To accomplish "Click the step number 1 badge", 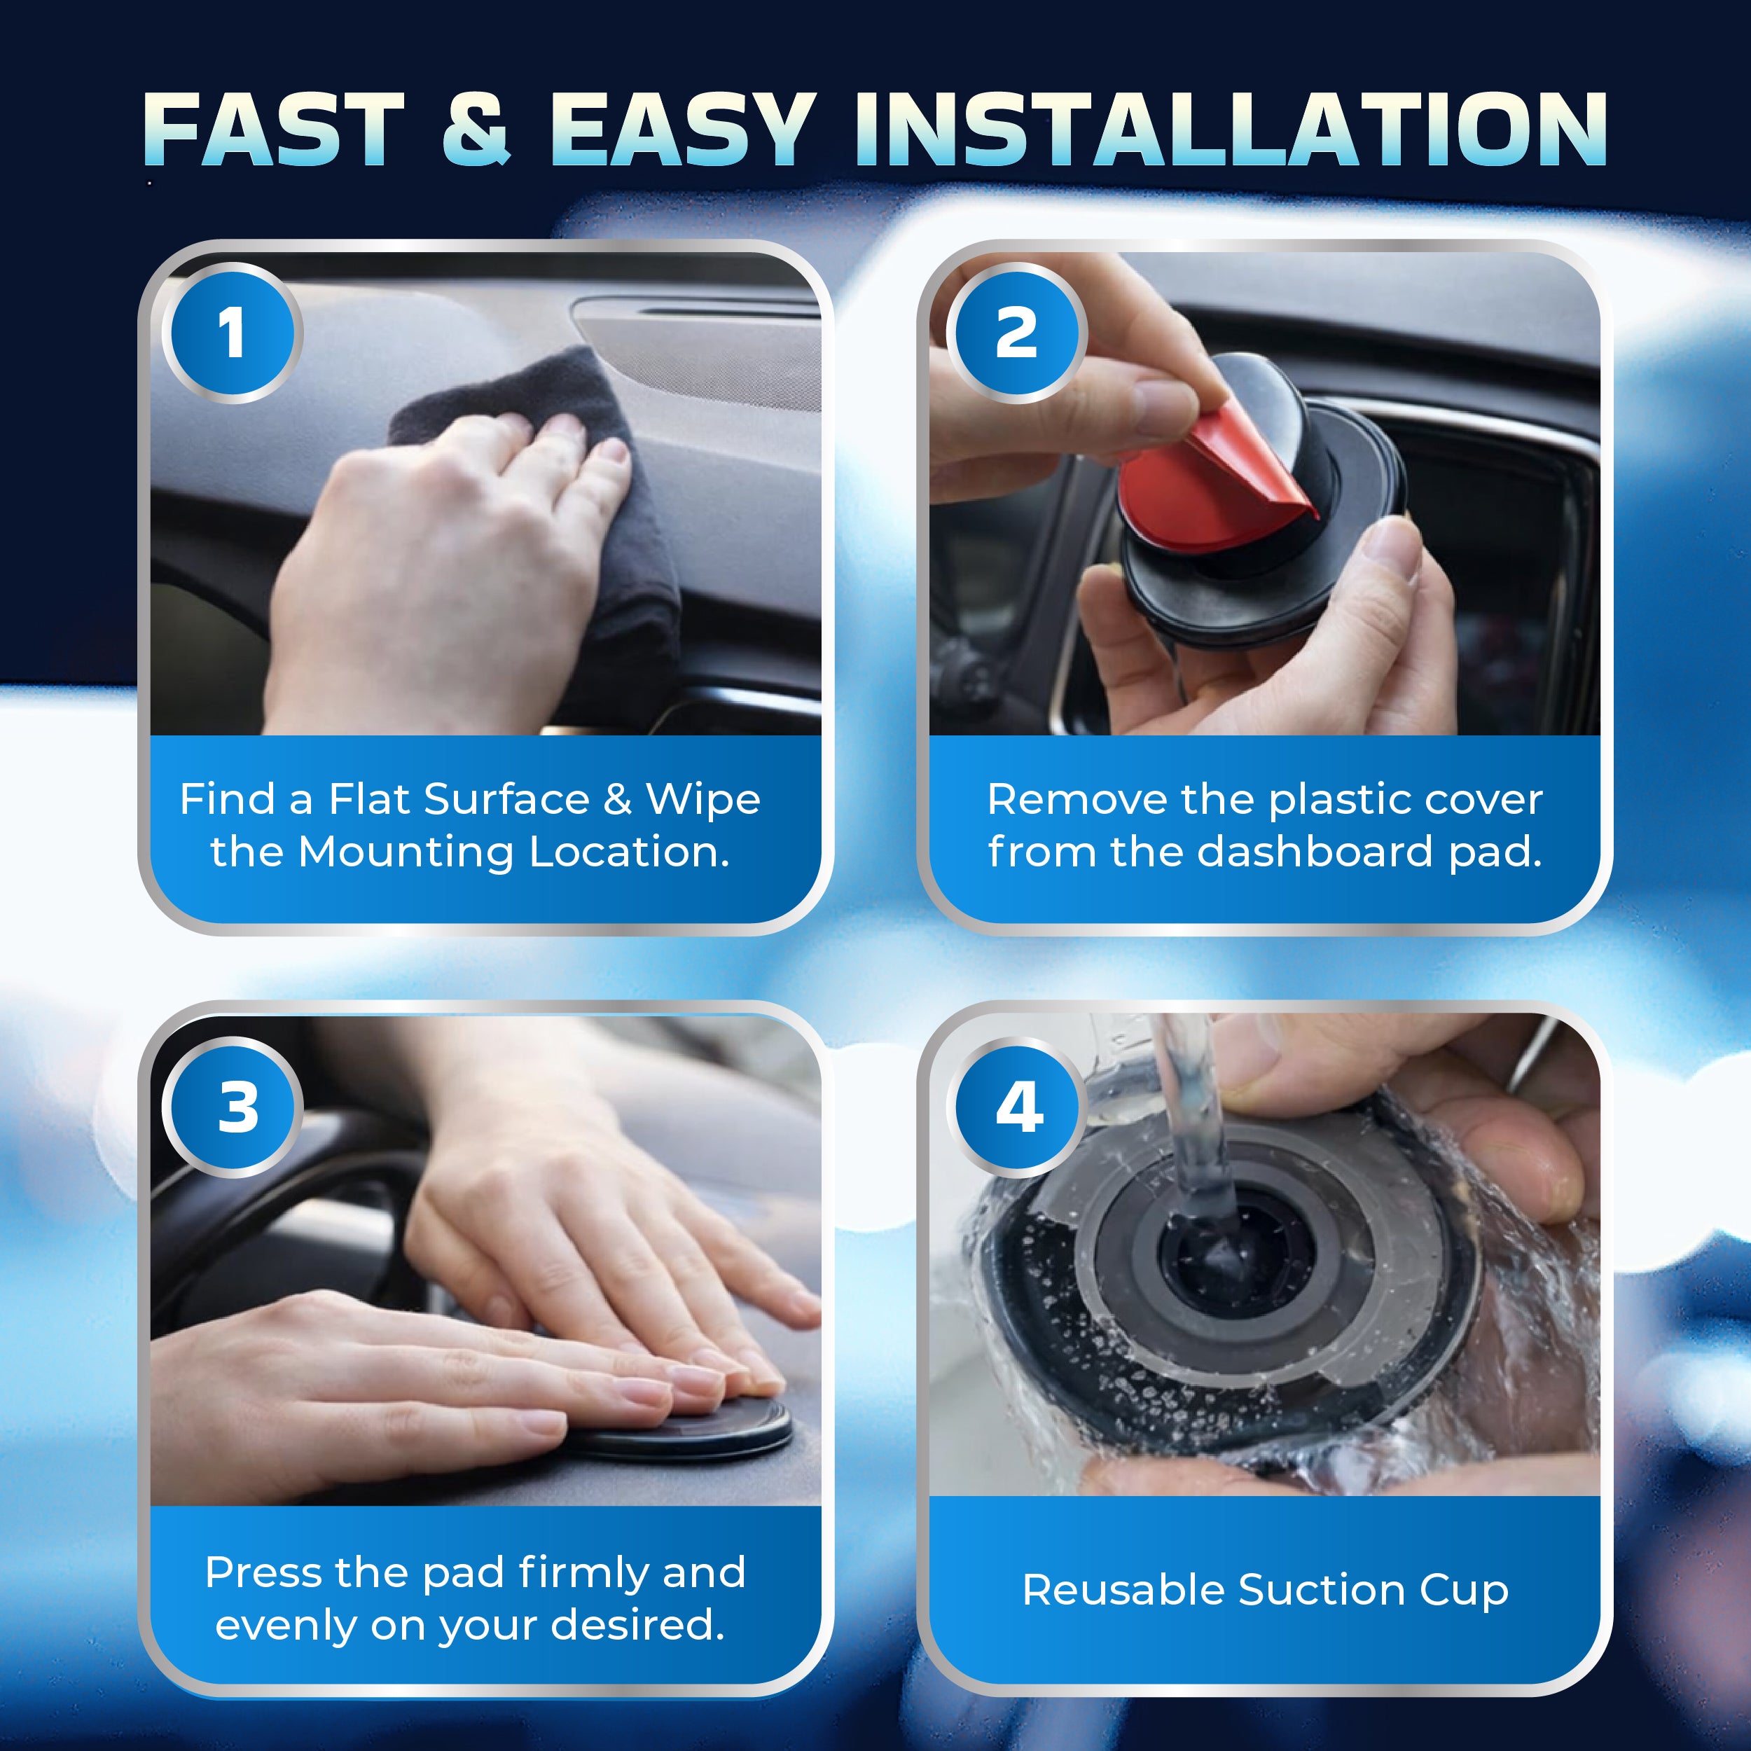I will click(232, 333).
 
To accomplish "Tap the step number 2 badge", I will click(1016, 333).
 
